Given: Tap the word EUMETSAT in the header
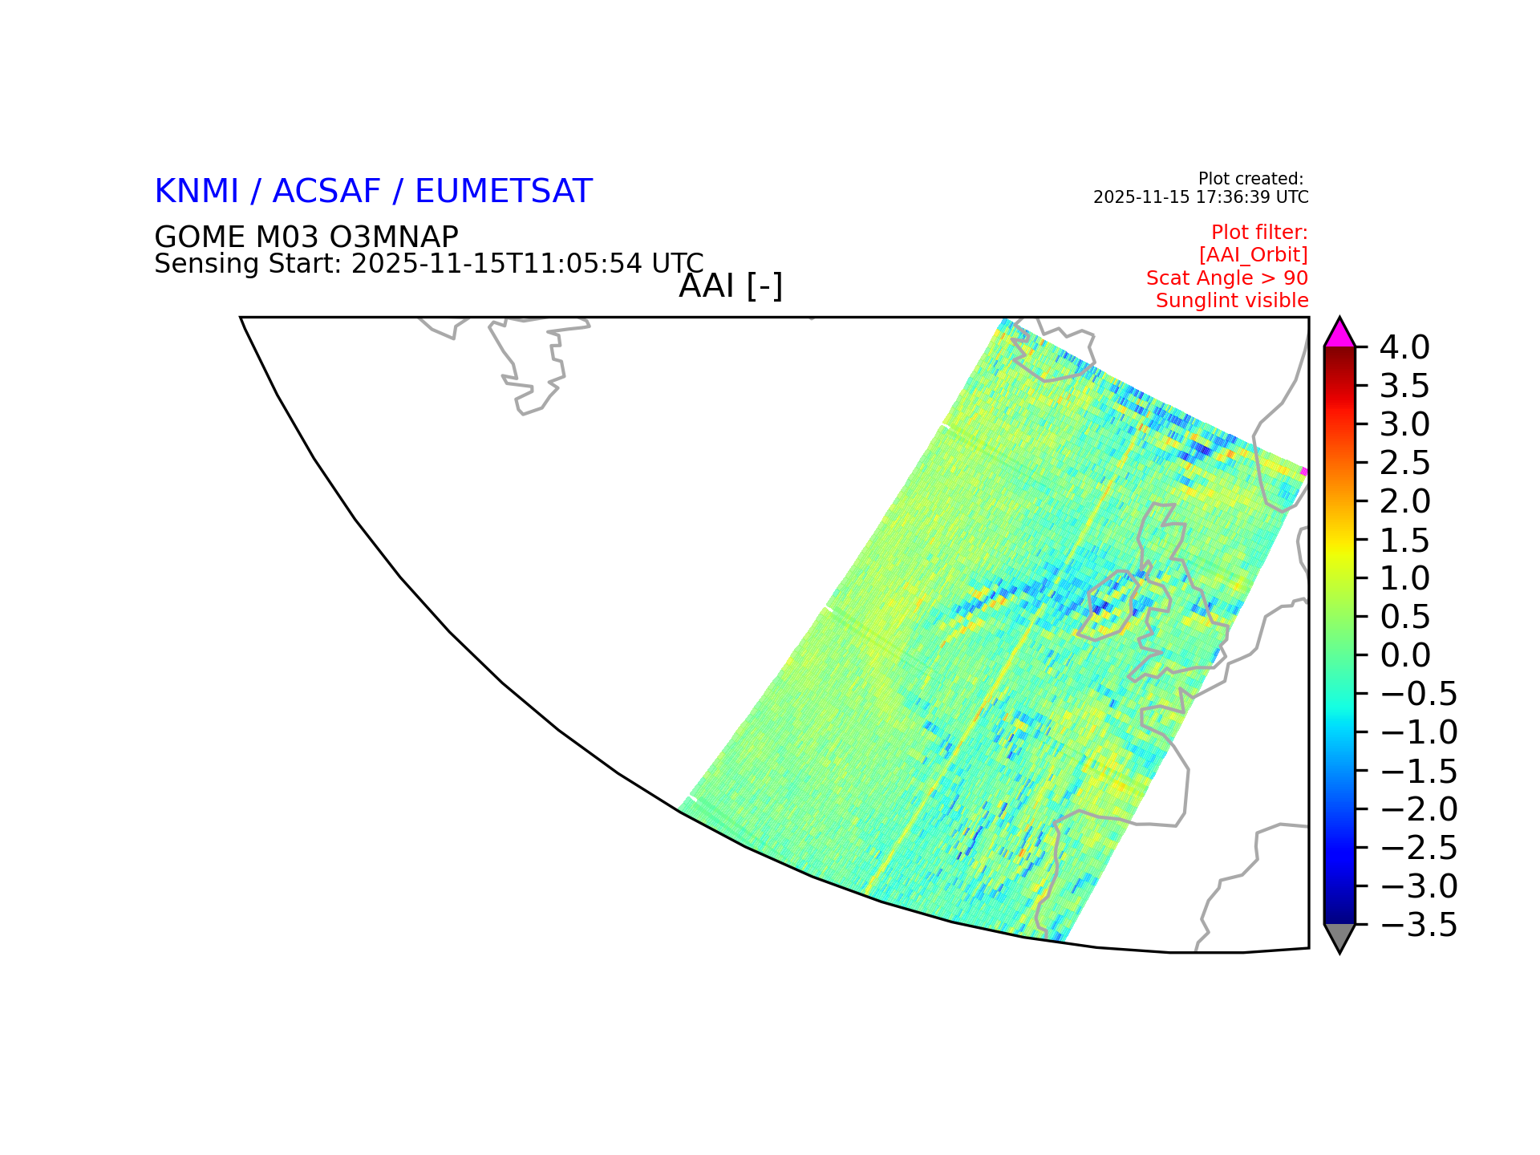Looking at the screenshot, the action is coord(504,192).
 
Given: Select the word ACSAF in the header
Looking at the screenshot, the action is coord(326,192).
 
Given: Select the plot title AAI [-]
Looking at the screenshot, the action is coord(731,286).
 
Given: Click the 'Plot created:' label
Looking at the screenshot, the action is coord(1250,179).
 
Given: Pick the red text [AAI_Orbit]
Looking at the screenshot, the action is coord(1254,255).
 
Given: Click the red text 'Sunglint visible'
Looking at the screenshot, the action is coord(1232,301).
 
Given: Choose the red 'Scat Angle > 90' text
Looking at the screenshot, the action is coord(1227,278).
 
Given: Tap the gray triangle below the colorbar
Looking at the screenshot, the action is coord(1339,937).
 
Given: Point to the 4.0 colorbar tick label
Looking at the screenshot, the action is coord(1404,347).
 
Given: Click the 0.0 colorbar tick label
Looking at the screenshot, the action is coord(1404,655).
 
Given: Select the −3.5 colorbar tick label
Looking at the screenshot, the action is coord(1418,925).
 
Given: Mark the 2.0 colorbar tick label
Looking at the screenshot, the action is coord(1404,501).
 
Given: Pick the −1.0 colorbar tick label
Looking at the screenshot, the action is coord(1418,732).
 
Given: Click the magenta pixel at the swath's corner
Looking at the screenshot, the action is coord(1305,472).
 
